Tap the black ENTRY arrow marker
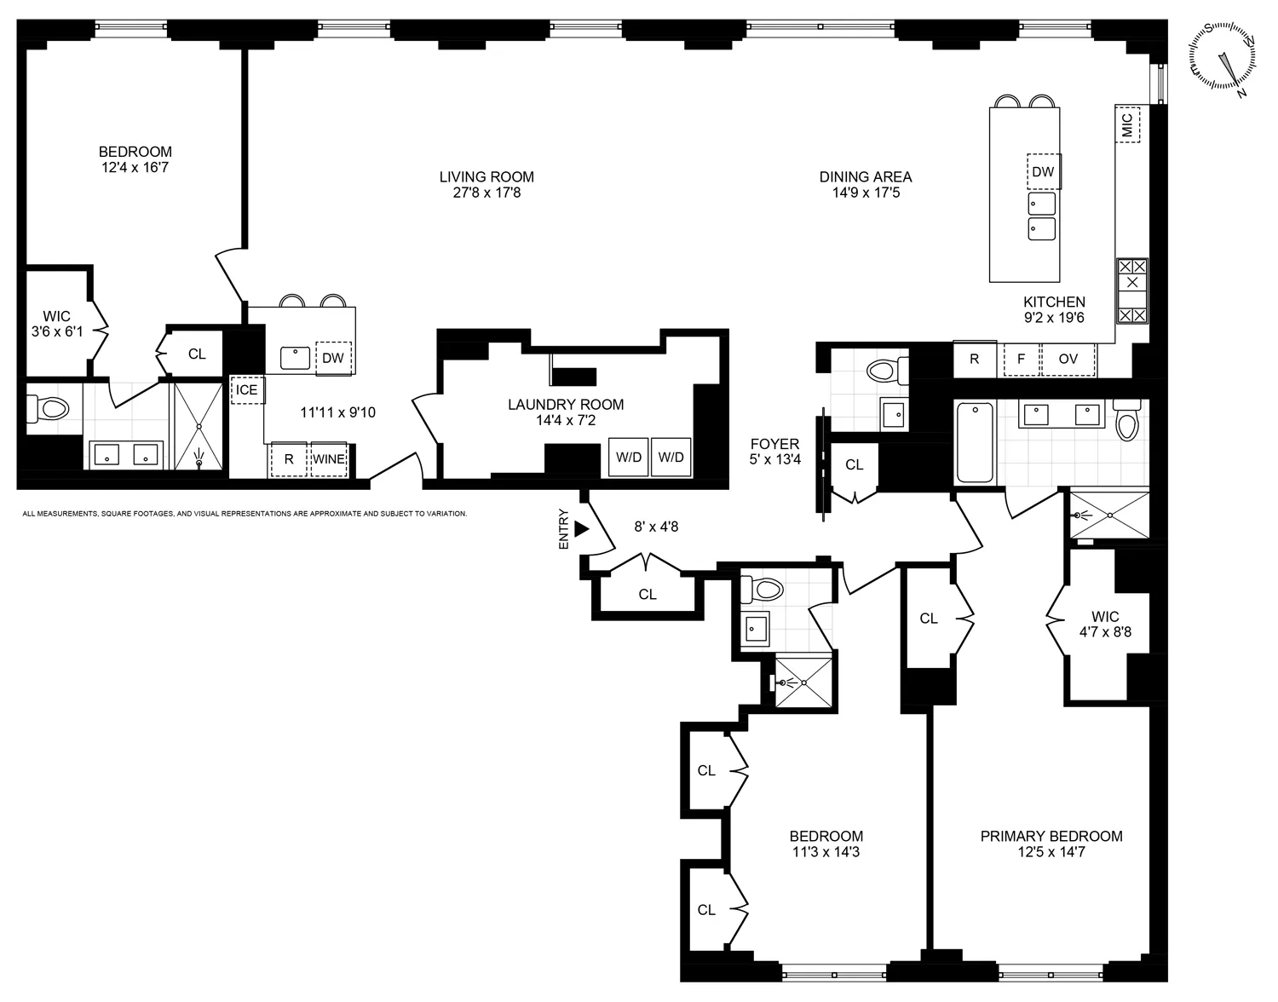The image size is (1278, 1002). [582, 529]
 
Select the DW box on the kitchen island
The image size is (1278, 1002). [1043, 171]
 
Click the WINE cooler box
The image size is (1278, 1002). [329, 459]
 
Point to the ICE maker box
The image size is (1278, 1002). [247, 390]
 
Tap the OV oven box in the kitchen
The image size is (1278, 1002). [1068, 360]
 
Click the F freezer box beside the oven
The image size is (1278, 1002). [1022, 360]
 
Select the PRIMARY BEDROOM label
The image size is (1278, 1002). [1051, 837]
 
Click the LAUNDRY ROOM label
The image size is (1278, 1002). [566, 405]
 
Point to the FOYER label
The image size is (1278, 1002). [774, 444]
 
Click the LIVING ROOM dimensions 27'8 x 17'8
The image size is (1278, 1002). [486, 193]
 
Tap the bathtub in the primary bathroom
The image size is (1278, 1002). [975, 443]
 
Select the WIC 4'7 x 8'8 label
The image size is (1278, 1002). [1105, 625]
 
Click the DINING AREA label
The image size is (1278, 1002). [866, 177]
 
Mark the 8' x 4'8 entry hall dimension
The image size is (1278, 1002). [656, 527]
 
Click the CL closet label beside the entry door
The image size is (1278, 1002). [648, 595]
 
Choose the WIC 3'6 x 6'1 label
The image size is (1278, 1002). [57, 324]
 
